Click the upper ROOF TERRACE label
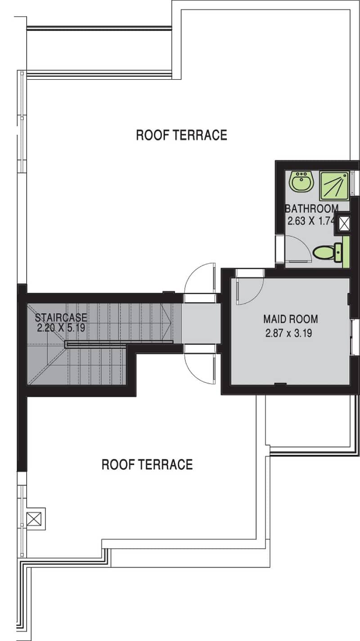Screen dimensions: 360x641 coord(181,135)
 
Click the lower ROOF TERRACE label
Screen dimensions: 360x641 coord(147,464)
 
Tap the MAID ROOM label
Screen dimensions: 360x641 coord(290,319)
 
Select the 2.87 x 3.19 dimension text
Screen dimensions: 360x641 coord(288,333)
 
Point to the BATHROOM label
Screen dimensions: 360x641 coord(312,208)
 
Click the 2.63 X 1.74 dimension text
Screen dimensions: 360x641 coord(311,221)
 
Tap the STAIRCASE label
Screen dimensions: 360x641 coord(61,318)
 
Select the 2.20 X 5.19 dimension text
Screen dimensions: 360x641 coord(61,327)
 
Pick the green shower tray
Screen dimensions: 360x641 coord(334,186)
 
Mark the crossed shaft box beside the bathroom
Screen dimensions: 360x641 coord(344,224)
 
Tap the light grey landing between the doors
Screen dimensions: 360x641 coord(201,323)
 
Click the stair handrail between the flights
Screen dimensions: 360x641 coord(119,343)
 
